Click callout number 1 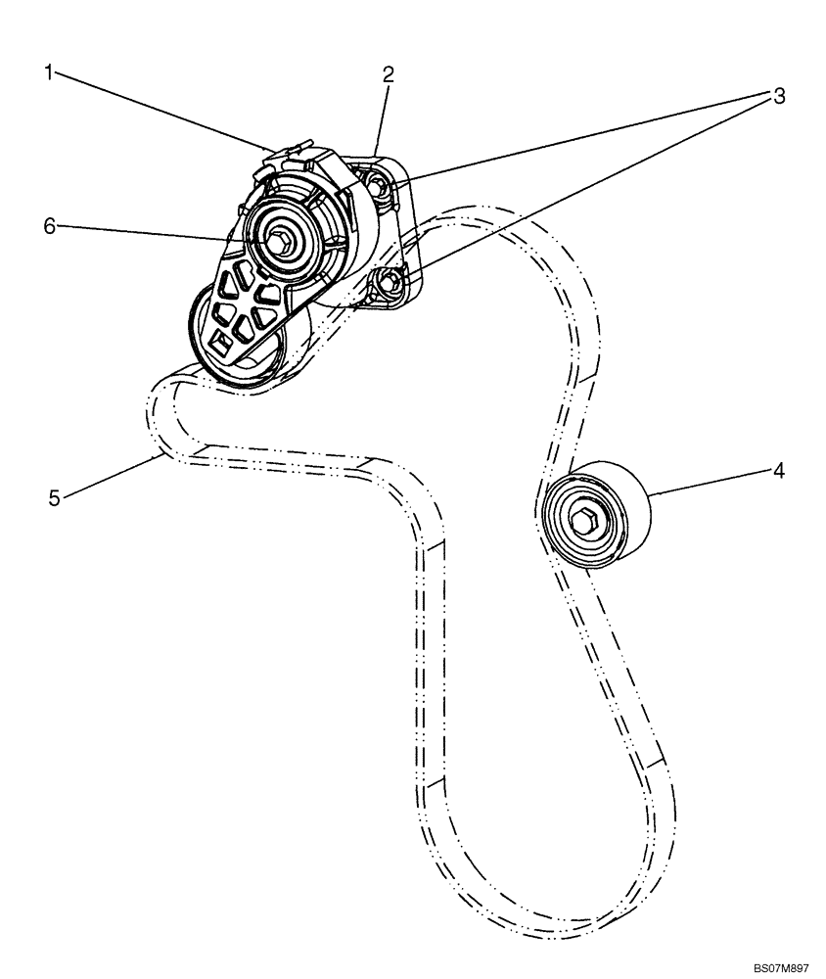point(46,71)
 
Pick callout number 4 point(778,471)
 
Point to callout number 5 point(56,498)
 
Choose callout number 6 point(47,225)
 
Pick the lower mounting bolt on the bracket point(389,282)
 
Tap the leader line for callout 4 point(705,484)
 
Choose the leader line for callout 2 point(382,117)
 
